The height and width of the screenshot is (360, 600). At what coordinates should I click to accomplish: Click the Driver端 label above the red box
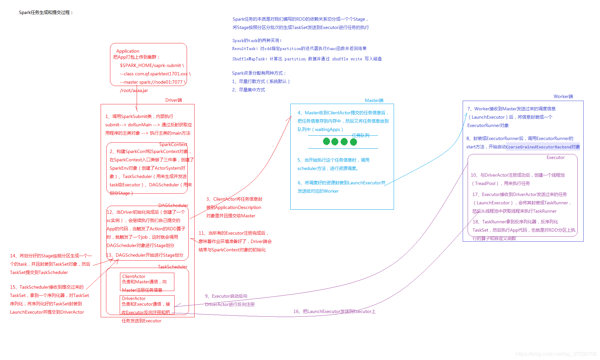[x=174, y=100]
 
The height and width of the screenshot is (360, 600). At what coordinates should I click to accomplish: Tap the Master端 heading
[x=374, y=100]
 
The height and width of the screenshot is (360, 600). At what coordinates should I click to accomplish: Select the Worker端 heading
[x=563, y=96]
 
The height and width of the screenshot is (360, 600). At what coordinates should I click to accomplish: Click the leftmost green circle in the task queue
[x=326, y=142]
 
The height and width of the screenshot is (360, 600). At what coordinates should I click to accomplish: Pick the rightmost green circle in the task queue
[x=354, y=142]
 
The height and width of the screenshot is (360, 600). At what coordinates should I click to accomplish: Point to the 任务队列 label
[x=361, y=135]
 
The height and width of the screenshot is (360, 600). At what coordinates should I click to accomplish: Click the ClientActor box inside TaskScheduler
[x=147, y=282]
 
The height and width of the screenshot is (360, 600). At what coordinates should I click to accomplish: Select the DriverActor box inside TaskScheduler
[x=147, y=305]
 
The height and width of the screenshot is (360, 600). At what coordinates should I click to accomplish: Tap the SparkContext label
[x=173, y=144]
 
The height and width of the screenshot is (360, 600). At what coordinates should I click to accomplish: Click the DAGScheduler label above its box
[x=173, y=205]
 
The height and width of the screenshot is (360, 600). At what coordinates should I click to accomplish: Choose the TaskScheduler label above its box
[x=173, y=267]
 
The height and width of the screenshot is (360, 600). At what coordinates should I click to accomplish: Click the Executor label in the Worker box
[x=556, y=157]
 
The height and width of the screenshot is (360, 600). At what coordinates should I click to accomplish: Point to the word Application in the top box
[x=128, y=51]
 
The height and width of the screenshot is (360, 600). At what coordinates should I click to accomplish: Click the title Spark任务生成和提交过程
[x=46, y=12]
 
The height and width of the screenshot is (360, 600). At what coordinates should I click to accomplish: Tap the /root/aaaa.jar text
[x=134, y=90]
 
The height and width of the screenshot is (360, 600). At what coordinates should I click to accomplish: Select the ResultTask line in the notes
[x=299, y=49]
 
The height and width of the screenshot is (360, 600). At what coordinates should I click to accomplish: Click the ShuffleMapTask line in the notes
[x=307, y=59]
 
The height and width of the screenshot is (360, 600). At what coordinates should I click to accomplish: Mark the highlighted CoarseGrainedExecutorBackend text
[x=543, y=147]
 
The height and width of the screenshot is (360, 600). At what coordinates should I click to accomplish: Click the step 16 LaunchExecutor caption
[x=334, y=311]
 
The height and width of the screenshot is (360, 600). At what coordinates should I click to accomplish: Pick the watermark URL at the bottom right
[x=556, y=354]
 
